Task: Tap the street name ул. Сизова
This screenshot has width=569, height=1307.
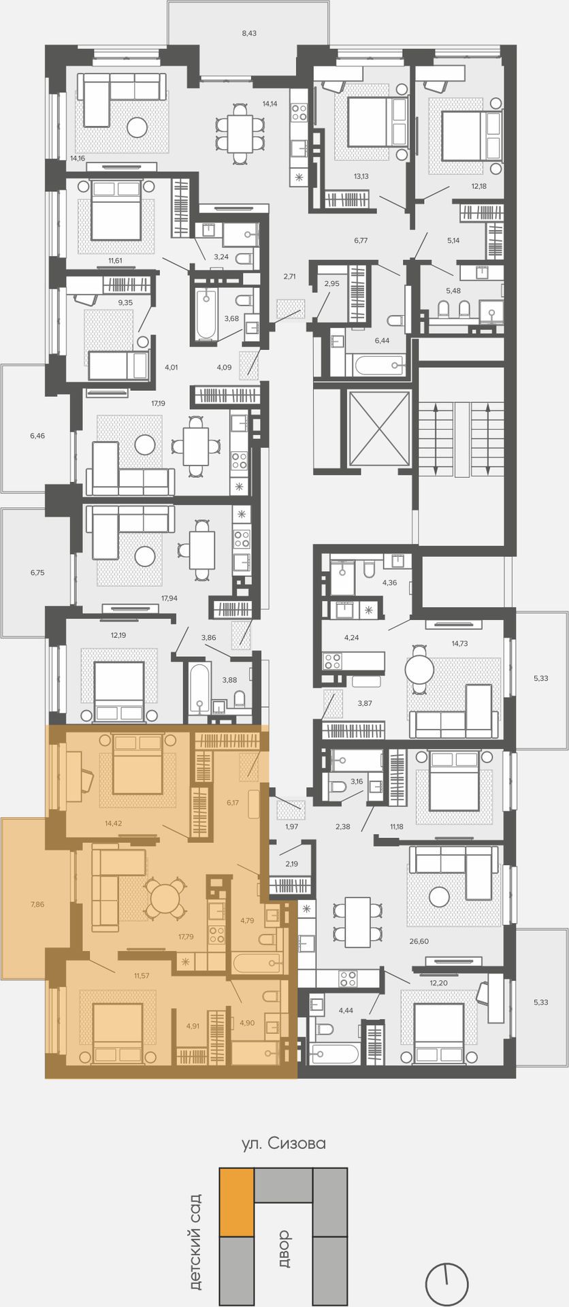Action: click(284, 1143)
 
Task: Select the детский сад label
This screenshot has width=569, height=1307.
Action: click(196, 1241)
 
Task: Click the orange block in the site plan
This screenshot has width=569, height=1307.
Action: click(236, 1202)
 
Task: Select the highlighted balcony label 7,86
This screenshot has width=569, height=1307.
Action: click(37, 904)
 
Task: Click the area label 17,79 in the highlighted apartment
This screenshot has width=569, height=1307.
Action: click(186, 937)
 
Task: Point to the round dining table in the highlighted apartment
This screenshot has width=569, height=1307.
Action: click(164, 899)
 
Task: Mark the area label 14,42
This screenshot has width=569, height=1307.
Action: click(114, 823)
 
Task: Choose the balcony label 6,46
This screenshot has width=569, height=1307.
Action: click(37, 435)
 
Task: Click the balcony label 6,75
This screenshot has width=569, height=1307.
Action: click(37, 572)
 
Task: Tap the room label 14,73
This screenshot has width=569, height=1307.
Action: click(459, 643)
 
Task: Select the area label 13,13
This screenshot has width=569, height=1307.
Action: click(361, 176)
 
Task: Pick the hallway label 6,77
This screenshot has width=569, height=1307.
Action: click(361, 240)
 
